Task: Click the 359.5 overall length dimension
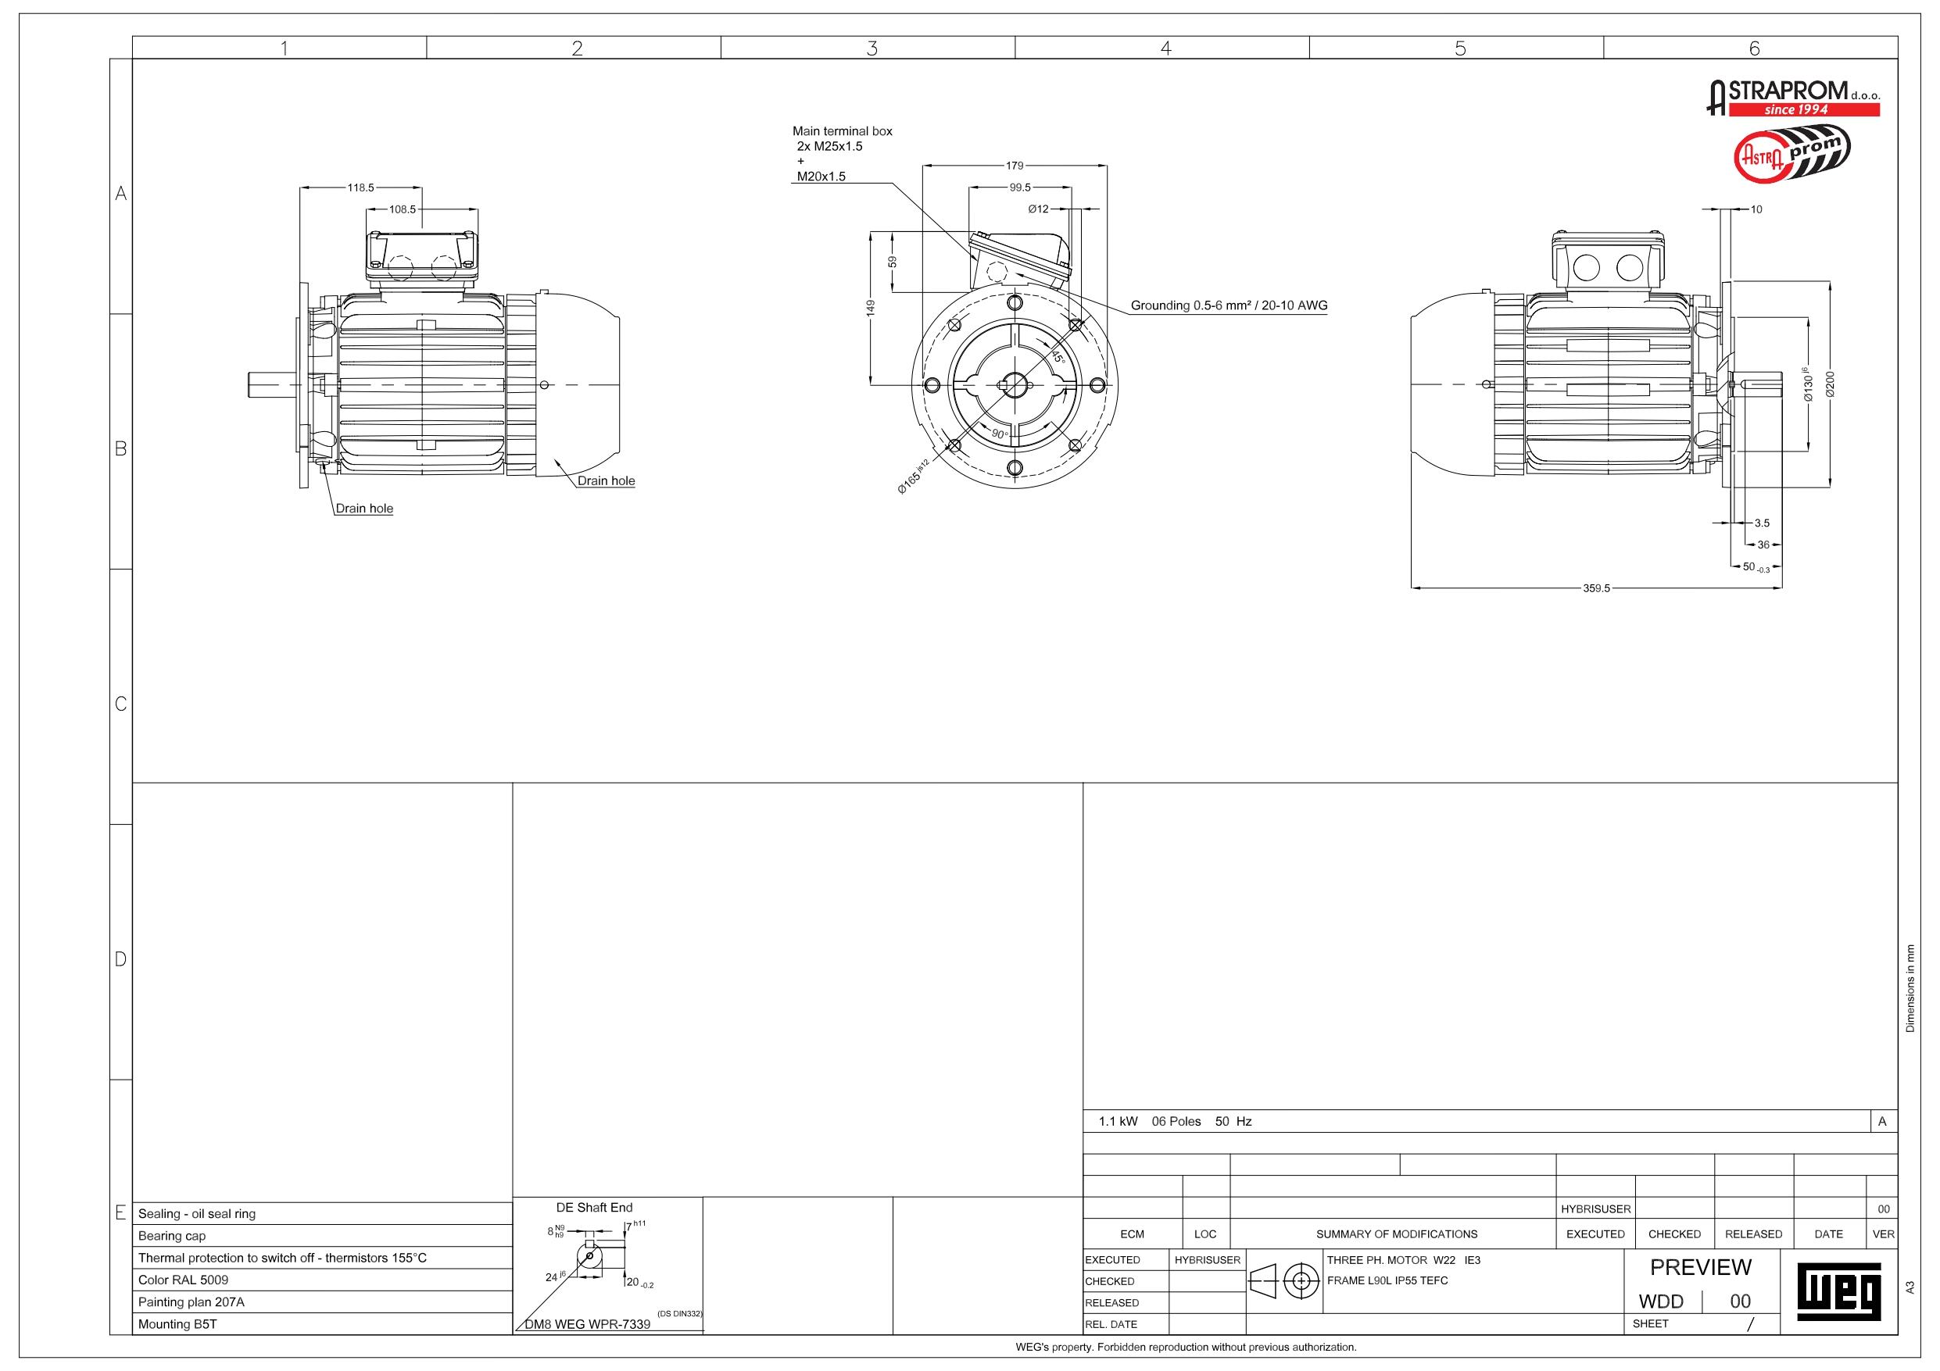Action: coord(1596,588)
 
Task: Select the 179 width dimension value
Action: coord(1014,166)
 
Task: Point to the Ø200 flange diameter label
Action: coord(1829,384)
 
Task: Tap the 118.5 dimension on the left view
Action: coord(361,187)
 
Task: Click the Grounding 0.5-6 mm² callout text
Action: coord(1229,305)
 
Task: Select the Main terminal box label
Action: coord(842,131)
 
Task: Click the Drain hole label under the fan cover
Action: coord(606,480)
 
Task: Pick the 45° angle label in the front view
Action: coord(1058,356)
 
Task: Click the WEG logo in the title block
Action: coord(1838,1291)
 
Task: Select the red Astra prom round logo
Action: coord(1791,153)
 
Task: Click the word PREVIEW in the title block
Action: coord(1701,1267)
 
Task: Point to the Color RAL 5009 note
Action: coord(184,1280)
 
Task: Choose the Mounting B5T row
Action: coord(177,1323)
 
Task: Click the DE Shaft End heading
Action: coord(594,1208)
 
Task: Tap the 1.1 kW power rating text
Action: coord(1118,1122)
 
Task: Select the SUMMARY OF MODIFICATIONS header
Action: coord(1397,1234)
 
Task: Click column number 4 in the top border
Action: coord(1166,48)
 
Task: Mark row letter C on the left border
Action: coord(121,704)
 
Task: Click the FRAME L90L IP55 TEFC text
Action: coord(1387,1280)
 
